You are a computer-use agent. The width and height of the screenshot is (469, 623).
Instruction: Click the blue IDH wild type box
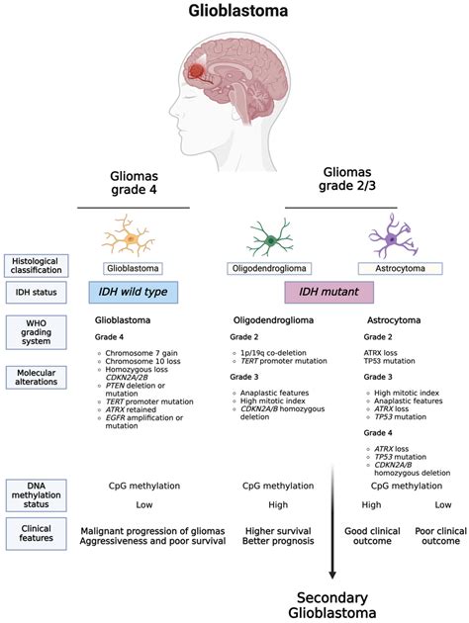click(x=133, y=293)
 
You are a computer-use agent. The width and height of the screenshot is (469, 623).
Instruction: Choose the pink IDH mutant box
click(x=328, y=293)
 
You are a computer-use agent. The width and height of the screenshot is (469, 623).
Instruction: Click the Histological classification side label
click(x=35, y=266)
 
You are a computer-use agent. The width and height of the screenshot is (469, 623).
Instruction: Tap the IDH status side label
click(x=35, y=294)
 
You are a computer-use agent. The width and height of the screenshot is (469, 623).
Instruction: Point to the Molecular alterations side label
click(x=35, y=379)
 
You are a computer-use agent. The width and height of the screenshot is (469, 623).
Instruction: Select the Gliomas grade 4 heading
click(x=132, y=184)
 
